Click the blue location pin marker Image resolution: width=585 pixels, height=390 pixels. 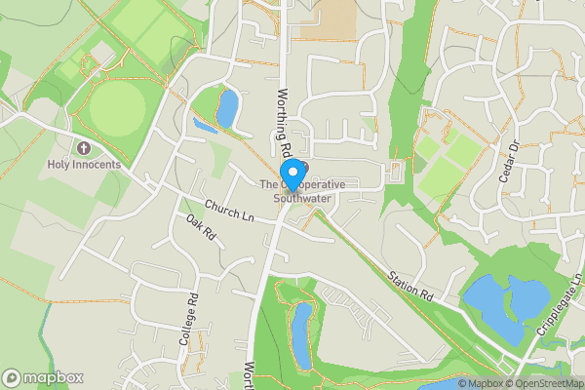pyautogui.click(x=290, y=176)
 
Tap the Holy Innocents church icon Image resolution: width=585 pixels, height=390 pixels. pyautogui.click(x=83, y=149)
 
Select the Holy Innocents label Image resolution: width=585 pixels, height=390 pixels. pyautogui.click(x=84, y=165)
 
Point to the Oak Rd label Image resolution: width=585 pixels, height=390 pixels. pyautogui.click(x=201, y=232)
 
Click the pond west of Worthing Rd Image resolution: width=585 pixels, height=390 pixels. pyautogui.click(x=225, y=108)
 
